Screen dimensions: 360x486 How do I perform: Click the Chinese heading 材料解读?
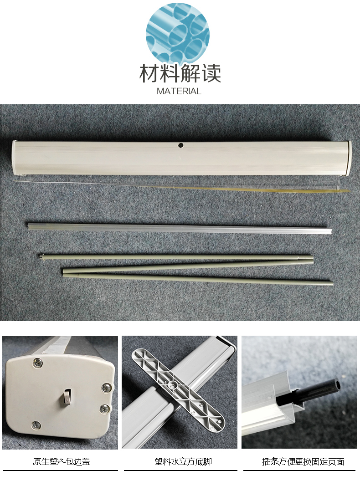[x=180, y=73]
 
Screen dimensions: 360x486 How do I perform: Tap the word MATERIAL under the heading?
[x=179, y=91]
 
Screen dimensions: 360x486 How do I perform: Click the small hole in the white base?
[x=180, y=145]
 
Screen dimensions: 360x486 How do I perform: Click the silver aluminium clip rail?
[x=180, y=227]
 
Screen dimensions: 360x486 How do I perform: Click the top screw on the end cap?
[x=38, y=361]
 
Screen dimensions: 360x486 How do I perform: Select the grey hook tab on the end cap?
[x=66, y=397]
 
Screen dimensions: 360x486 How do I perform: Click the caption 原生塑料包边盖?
[x=61, y=461]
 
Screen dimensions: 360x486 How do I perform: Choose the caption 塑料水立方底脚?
[x=183, y=461]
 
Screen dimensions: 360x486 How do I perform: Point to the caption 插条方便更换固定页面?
[x=303, y=461]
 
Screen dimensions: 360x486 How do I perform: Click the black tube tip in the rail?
[x=336, y=386]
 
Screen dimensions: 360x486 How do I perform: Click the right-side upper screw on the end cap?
[x=107, y=387]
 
